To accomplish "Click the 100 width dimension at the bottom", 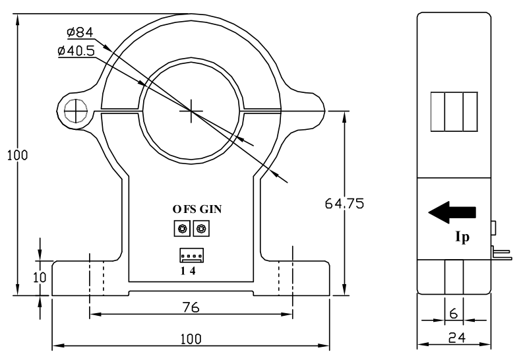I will [x=191, y=338].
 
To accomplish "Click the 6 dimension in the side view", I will [x=454, y=314].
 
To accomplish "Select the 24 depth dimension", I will [x=454, y=338].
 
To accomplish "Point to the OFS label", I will [x=185, y=209].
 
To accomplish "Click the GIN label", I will [x=211, y=209].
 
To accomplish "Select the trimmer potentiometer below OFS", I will [x=181, y=229].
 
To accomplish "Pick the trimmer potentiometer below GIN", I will [x=201, y=229].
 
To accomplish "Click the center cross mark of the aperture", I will [x=191, y=111].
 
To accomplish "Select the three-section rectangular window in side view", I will [x=453, y=111].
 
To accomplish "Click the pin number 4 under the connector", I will [x=192, y=270].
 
